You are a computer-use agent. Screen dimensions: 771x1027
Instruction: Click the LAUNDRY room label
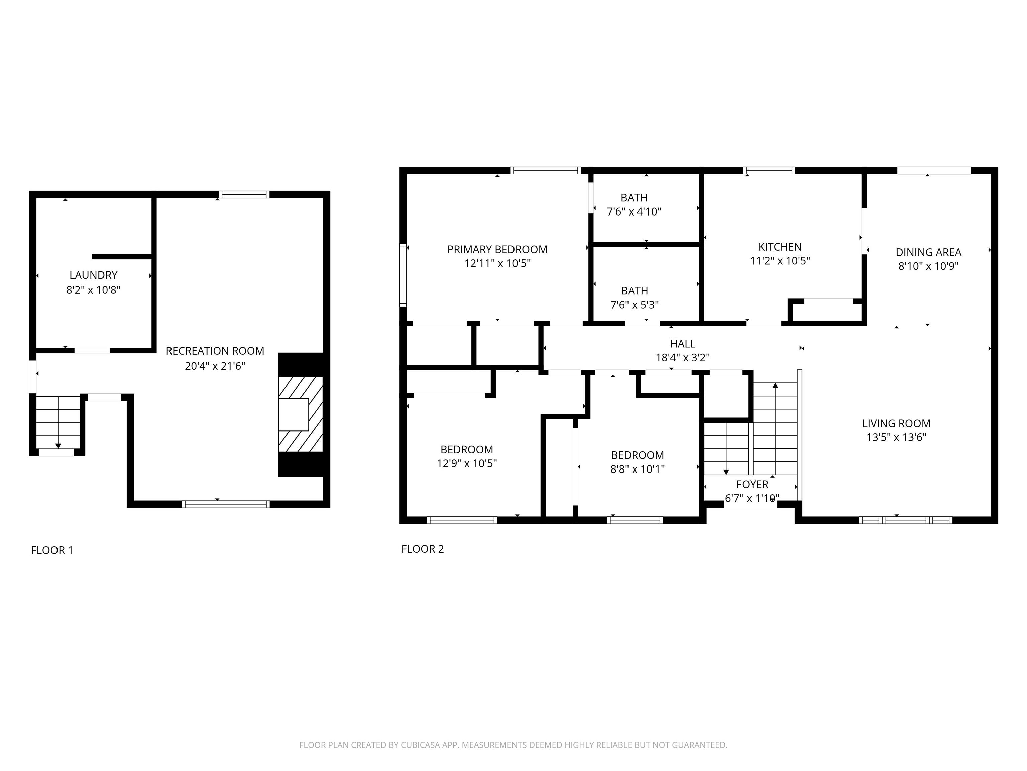point(93,275)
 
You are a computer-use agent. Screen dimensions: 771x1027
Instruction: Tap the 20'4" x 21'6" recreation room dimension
point(215,366)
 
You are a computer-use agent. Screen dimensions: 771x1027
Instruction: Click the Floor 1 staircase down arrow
point(58,445)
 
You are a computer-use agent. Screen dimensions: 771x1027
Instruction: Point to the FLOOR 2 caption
point(423,549)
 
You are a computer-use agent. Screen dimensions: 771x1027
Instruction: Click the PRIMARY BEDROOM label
point(497,250)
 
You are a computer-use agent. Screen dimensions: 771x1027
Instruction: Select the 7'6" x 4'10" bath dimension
point(634,212)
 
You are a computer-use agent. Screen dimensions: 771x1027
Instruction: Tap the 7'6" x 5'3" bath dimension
point(634,305)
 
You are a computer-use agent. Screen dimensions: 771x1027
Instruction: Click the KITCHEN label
point(780,247)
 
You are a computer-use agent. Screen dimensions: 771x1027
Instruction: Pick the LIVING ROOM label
point(896,423)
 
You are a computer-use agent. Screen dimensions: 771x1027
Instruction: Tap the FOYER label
point(752,484)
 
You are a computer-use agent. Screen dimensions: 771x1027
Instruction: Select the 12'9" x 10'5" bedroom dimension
point(467,463)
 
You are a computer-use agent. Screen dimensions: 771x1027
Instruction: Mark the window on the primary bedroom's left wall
point(403,275)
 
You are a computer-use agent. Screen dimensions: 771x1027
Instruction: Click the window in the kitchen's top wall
point(769,171)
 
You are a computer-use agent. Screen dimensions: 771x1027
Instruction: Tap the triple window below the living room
point(905,520)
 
